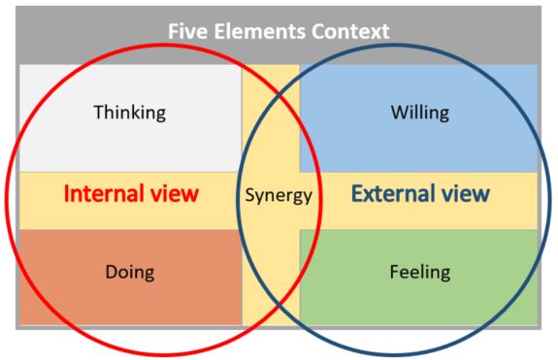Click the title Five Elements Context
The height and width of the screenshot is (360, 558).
(279, 31)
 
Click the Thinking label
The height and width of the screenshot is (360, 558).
(129, 113)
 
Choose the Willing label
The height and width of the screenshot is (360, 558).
(419, 113)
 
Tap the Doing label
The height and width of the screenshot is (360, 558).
(130, 272)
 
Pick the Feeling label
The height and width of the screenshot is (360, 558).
(419, 272)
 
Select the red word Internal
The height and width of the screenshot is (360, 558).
(103, 193)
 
